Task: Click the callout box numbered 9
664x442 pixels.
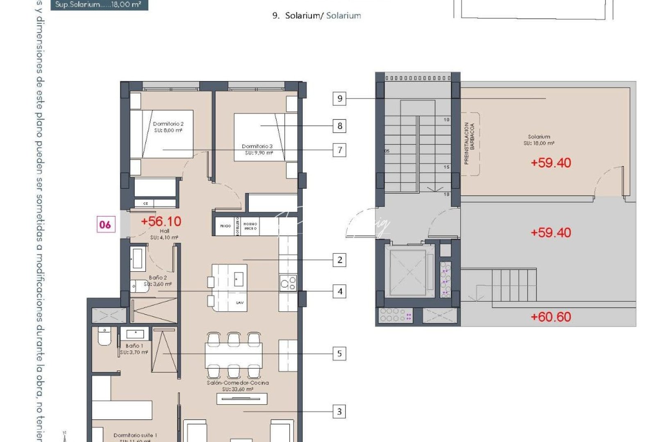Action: point(339,99)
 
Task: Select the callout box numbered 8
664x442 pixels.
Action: point(339,126)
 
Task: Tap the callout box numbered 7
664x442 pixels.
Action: point(339,150)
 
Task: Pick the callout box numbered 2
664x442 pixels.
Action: point(339,260)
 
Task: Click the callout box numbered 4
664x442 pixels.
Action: point(339,291)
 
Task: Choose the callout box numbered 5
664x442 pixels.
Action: point(339,354)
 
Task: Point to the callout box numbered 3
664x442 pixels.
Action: point(339,412)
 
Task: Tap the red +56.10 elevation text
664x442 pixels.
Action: point(161,221)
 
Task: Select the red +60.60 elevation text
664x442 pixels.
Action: point(550,317)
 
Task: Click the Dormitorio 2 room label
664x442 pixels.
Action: point(168,127)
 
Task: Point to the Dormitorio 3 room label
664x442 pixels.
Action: point(257,149)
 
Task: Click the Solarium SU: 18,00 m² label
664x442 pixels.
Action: point(539,140)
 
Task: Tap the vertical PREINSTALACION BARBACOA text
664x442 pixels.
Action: point(469,143)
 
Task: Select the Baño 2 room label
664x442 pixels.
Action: point(158,281)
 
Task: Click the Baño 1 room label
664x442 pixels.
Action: point(134,349)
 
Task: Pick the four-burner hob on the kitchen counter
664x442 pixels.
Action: point(288,283)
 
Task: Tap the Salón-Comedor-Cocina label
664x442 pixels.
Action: point(238,386)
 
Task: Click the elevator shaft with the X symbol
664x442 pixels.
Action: point(408,271)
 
